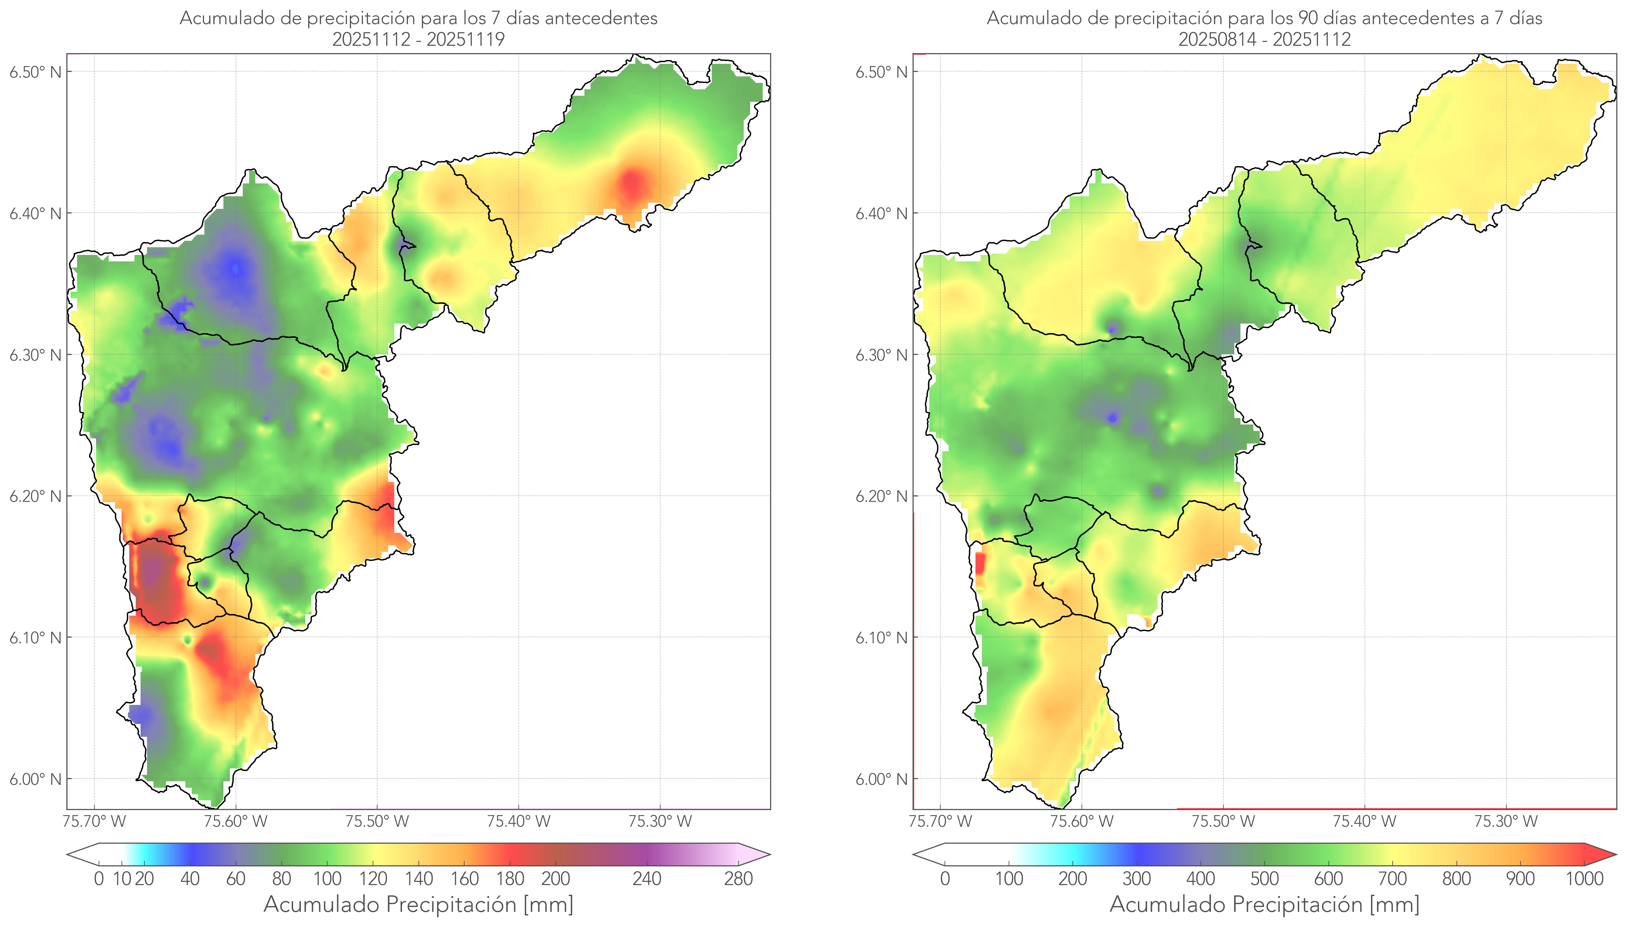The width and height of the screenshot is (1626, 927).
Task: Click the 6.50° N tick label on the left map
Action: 35,72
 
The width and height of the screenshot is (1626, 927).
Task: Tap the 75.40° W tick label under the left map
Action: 518,821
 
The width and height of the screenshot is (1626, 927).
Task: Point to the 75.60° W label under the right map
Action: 1082,821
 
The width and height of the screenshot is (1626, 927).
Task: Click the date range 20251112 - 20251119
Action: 418,39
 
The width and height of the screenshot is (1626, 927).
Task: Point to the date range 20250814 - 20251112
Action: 1264,39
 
